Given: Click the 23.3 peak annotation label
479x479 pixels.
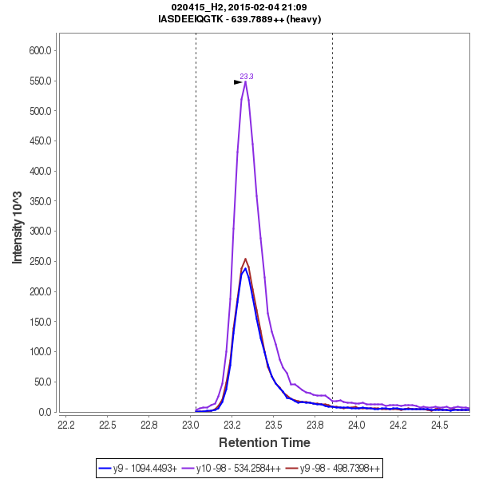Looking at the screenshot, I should (x=247, y=77).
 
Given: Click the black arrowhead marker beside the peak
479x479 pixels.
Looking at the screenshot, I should (x=238, y=82).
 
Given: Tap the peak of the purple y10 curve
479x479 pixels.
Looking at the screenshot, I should (x=245, y=81).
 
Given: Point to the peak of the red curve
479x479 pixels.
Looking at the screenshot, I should (x=245, y=259).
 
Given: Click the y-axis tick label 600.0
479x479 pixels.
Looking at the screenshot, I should (x=40, y=50).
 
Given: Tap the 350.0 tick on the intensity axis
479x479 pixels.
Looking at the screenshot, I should (x=40, y=201).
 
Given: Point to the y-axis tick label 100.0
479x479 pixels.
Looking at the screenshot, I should (x=40, y=352).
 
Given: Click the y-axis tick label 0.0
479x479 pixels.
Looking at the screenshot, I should (x=45, y=412).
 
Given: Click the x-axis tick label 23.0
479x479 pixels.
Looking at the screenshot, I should (x=190, y=425).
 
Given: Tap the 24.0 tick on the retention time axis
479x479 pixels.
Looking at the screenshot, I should (x=356, y=425).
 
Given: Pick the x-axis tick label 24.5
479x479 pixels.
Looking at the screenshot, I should (x=439, y=425).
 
